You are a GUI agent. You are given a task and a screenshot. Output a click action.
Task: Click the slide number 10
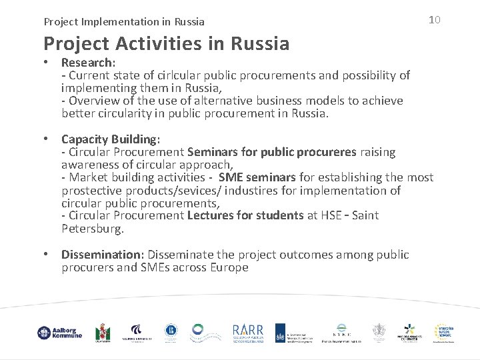click(434, 20)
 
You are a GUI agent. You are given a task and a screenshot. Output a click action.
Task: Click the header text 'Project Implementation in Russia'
click(124, 22)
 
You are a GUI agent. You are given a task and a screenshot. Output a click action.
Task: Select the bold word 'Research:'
click(89, 63)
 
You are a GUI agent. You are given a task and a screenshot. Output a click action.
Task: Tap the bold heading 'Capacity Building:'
click(111, 139)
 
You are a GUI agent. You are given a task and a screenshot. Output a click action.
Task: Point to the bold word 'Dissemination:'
click(103, 255)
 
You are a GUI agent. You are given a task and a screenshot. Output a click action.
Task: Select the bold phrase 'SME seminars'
click(257, 178)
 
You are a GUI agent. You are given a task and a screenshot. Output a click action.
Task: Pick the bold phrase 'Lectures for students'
click(246, 216)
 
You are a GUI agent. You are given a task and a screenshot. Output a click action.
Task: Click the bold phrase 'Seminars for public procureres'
click(273, 152)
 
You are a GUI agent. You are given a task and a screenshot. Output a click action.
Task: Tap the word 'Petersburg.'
click(93, 229)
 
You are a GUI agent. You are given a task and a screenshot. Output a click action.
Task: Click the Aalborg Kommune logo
click(60, 332)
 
